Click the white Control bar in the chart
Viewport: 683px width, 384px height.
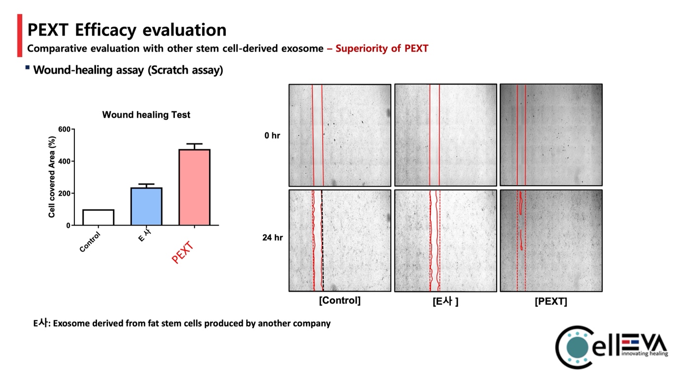[98, 217]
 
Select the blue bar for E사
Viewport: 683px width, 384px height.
[146, 206]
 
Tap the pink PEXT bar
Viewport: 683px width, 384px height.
[194, 187]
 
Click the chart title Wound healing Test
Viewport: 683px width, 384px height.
[146, 115]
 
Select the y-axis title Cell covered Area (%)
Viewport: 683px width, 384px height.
[52, 177]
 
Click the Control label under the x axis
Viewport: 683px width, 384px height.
[90, 242]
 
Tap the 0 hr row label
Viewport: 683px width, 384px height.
[272, 135]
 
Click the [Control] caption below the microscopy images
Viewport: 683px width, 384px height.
[340, 300]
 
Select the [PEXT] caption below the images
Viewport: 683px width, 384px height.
[550, 302]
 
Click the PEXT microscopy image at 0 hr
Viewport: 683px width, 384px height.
[551, 134]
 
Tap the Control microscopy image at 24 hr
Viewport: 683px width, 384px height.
[340, 240]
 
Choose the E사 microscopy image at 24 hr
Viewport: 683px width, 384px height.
[445, 240]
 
